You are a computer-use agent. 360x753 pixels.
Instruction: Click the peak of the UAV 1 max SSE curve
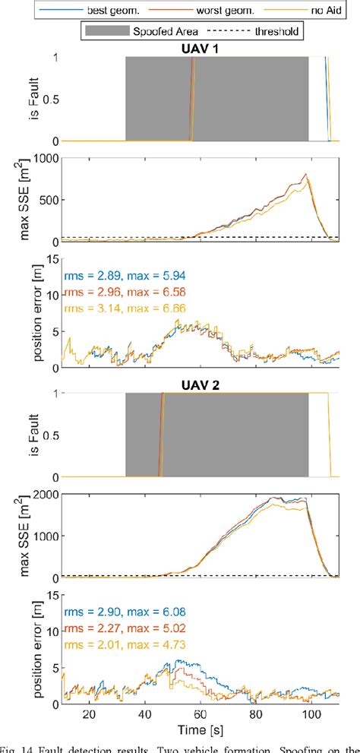pyautogui.click(x=306, y=175)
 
